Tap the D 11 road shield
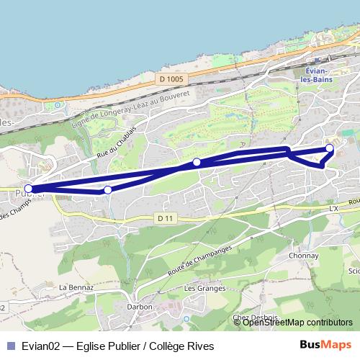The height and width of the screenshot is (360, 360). tap(165, 217)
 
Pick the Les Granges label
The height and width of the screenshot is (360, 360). tap(199, 288)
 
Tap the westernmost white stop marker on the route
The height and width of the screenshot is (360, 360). tap(28, 189)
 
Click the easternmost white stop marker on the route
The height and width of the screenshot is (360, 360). tap(330, 148)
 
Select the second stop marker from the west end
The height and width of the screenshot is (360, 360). tap(107, 190)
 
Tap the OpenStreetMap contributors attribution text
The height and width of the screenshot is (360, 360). tap(297, 323)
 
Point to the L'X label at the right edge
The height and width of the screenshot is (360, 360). tap(333, 208)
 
